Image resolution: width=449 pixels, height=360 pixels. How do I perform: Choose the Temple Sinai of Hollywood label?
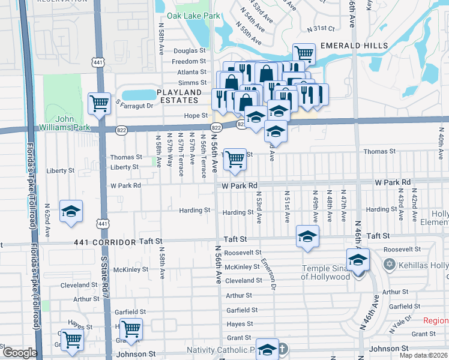325,272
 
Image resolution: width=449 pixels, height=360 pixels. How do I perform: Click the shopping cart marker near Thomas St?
235,159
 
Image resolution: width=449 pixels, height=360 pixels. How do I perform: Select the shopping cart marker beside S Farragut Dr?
99,103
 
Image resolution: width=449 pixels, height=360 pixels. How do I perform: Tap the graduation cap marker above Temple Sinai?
358,260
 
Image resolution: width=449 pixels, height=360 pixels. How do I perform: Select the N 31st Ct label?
320,29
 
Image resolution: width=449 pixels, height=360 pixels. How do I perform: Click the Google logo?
20,353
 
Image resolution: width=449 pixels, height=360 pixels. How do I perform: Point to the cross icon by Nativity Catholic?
284,348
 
